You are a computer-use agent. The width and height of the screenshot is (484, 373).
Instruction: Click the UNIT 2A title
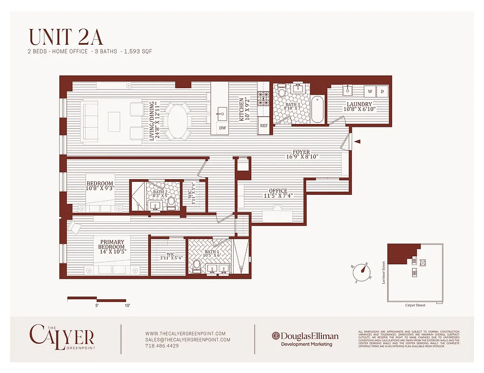[x=66, y=37]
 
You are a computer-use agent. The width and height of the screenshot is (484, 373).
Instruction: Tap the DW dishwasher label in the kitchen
[x=222, y=128]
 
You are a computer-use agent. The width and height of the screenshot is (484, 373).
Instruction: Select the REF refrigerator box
[x=264, y=125]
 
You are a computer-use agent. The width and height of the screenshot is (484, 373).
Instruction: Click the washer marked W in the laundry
[x=370, y=91]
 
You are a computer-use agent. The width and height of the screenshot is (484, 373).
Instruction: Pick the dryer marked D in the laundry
[x=382, y=91]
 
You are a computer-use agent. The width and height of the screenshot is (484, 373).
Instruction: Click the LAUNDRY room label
[x=359, y=104]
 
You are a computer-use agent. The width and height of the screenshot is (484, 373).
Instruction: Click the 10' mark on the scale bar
[x=127, y=306]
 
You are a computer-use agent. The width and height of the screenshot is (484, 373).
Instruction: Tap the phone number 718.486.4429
[x=162, y=346]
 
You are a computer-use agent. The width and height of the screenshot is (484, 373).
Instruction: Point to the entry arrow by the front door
[x=357, y=141]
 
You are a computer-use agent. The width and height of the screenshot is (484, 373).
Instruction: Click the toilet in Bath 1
[x=197, y=265]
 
